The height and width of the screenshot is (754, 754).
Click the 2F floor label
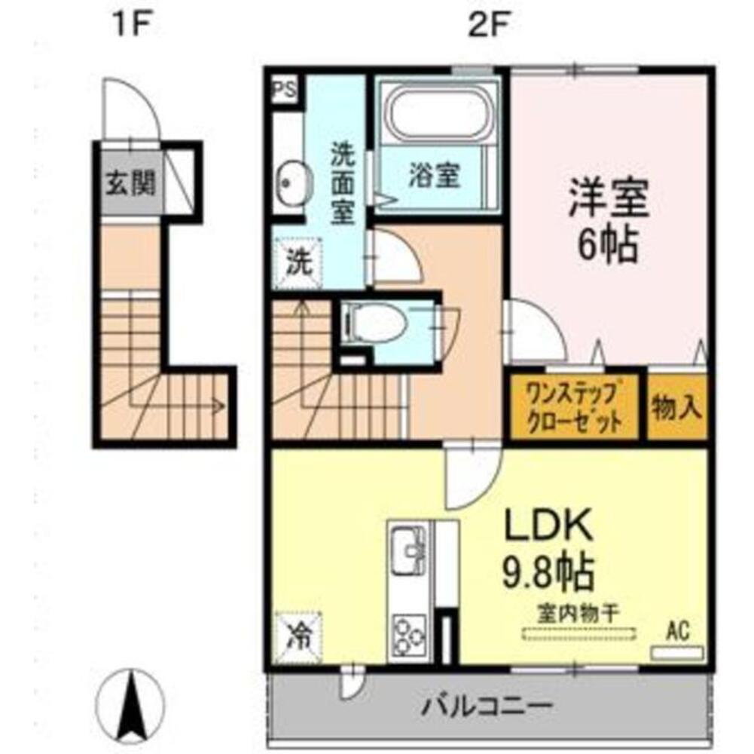(487, 25)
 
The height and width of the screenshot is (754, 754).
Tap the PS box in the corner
(285, 90)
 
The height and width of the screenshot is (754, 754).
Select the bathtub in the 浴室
(440, 112)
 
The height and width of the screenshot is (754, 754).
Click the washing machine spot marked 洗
(297, 263)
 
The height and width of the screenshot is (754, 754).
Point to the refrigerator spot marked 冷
(298, 637)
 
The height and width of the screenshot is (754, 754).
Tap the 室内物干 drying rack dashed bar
(578, 633)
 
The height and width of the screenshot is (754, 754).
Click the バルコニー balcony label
(487, 706)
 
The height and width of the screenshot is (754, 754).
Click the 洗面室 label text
(343, 184)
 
